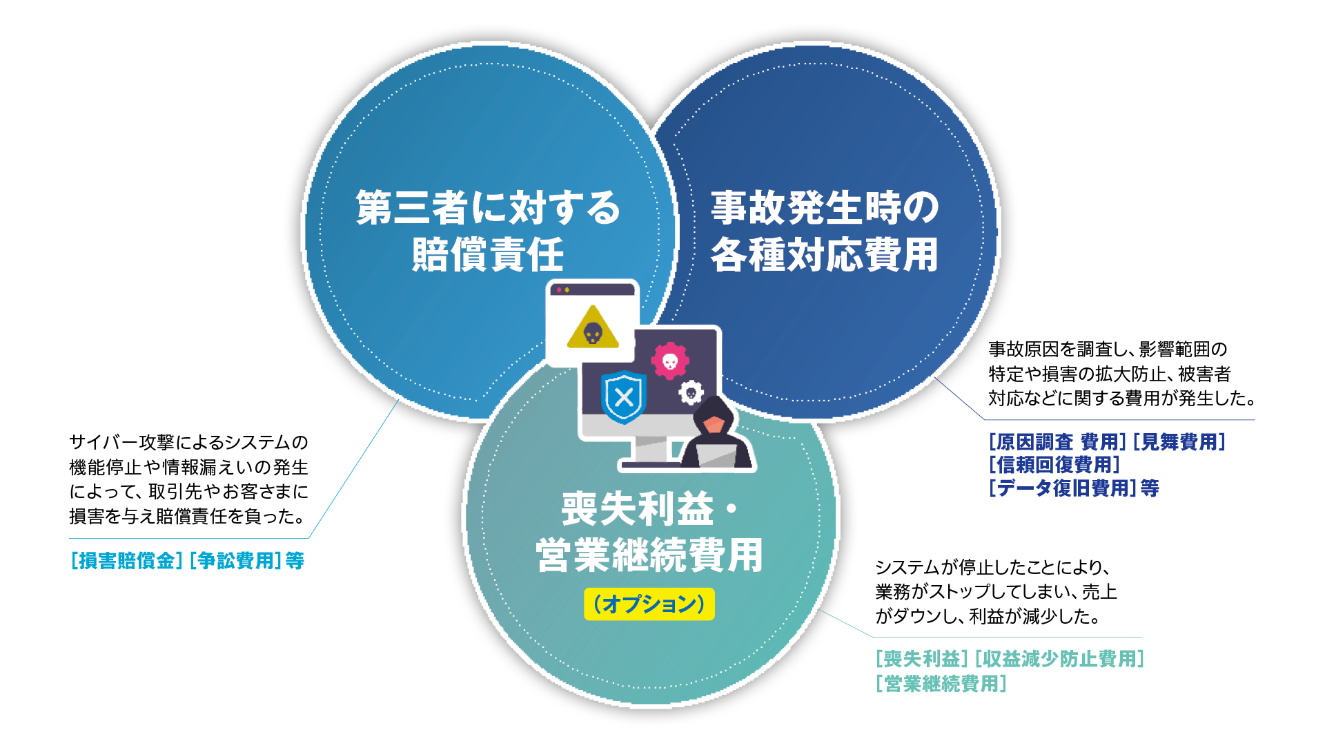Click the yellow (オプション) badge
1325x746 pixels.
coord(649,604)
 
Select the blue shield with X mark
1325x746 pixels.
coord(624,396)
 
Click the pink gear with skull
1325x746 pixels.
coord(670,361)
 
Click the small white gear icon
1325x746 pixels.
coord(691,392)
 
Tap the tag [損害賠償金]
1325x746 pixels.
coord(126,560)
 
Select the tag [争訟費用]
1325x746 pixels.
coord(235,560)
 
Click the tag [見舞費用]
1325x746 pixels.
coord(1179,441)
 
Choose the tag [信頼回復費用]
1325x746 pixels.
coord(1054,465)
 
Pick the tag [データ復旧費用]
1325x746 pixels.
coord(1062,488)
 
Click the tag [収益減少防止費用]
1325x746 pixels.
coord(1059,658)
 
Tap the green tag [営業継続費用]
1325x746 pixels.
coord(941,683)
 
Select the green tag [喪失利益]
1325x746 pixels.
coord(922,658)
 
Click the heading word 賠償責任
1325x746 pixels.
coord(488,254)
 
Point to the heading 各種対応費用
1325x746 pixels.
coord(825,254)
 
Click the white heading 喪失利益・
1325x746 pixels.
coord(649,508)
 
